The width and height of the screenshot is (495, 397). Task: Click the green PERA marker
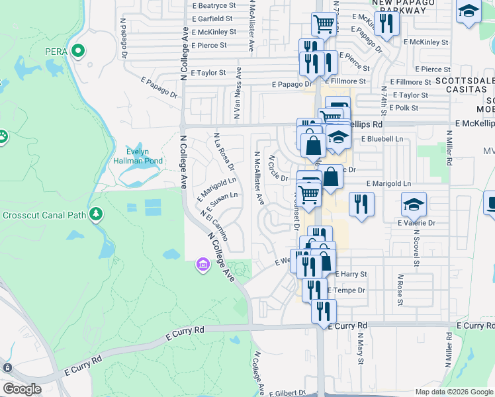78,51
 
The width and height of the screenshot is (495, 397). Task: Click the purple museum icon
202,266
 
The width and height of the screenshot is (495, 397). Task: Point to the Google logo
22,389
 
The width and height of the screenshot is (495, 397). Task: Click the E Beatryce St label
212,5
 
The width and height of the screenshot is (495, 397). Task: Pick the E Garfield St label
212,19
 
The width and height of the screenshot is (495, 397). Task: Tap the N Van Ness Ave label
237,97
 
